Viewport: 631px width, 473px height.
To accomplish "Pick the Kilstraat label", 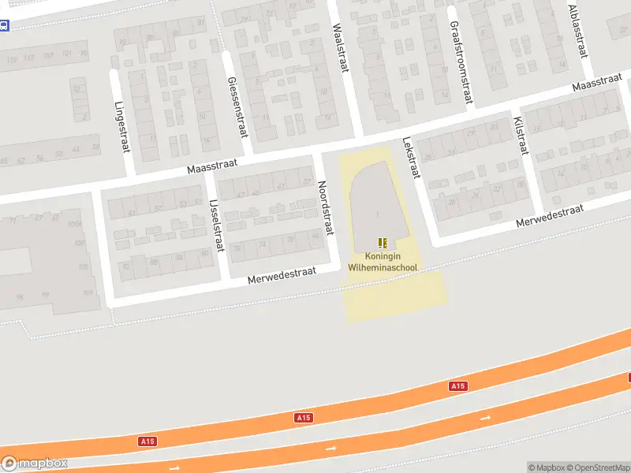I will [x=520, y=136].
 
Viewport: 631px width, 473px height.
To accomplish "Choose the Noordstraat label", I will [x=323, y=201].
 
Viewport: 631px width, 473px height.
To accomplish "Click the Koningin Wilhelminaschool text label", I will [x=383, y=262].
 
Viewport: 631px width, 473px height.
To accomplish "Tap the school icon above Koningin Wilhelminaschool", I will [x=383, y=243].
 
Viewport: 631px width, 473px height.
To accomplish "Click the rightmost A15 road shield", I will [x=457, y=385].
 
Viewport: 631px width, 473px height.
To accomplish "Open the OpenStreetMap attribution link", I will [x=597, y=467].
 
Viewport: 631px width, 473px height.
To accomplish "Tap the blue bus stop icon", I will [x=4, y=26].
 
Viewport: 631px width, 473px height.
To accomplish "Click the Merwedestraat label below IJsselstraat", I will [x=282, y=274].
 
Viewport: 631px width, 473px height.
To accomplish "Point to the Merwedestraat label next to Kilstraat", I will [x=549, y=216].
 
